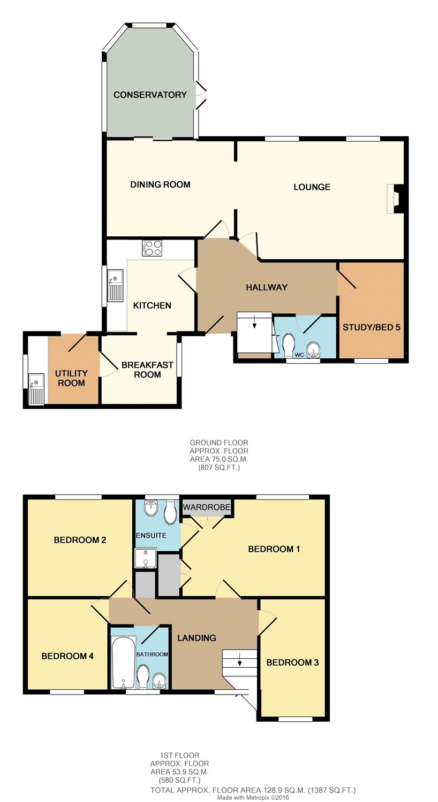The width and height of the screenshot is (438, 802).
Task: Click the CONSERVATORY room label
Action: [x=150, y=95]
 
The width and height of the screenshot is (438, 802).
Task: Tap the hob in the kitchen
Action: [x=152, y=248]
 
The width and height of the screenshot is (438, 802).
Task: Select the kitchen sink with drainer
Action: [x=115, y=285]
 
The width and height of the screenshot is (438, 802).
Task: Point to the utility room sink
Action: [x=36, y=389]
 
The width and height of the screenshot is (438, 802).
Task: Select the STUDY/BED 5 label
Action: [x=371, y=327]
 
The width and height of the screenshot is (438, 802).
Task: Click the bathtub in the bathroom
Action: [x=124, y=662]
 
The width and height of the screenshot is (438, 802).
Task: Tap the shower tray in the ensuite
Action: [x=146, y=558]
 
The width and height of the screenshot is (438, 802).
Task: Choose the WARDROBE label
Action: [x=207, y=507]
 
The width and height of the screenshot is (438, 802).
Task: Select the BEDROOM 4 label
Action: [x=67, y=656]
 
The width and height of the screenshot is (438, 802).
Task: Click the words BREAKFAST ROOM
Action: [x=147, y=370]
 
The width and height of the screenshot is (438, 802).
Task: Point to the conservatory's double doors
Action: [x=201, y=95]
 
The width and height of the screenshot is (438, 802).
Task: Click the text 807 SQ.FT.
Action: [x=219, y=467]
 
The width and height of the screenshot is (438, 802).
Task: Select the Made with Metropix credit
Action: [x=253, y=798]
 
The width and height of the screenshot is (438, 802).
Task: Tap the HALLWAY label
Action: [x=267, y=287]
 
